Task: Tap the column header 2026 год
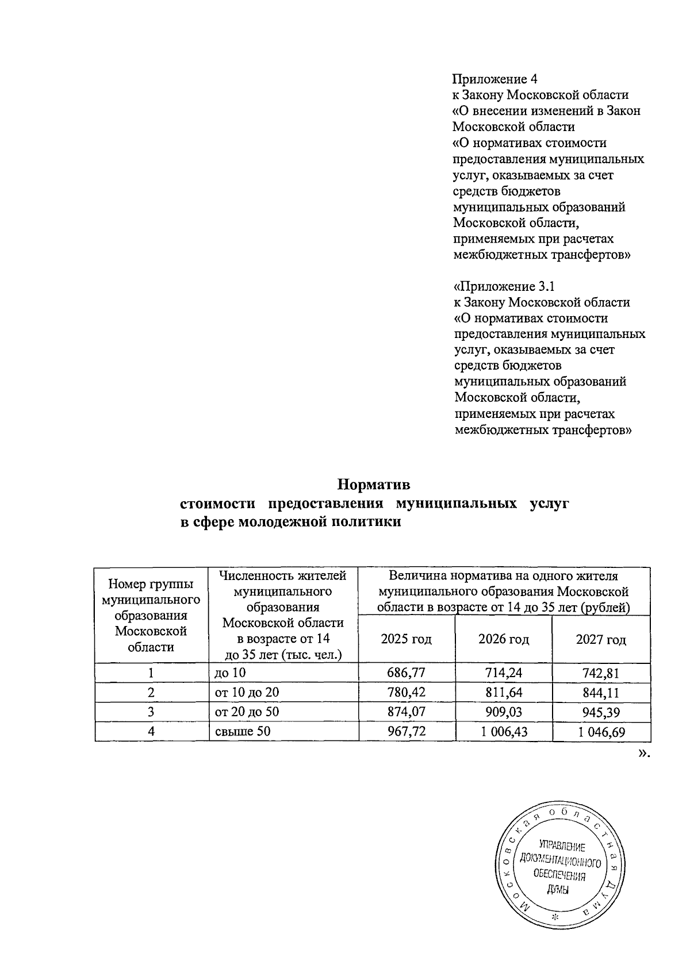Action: click(503, 639)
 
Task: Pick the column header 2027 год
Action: click(601, 639)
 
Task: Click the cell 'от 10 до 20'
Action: click(247, 693)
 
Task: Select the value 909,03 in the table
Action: click(503, 713)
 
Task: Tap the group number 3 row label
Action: click(151, 713)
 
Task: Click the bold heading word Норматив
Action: click(373, 485)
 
